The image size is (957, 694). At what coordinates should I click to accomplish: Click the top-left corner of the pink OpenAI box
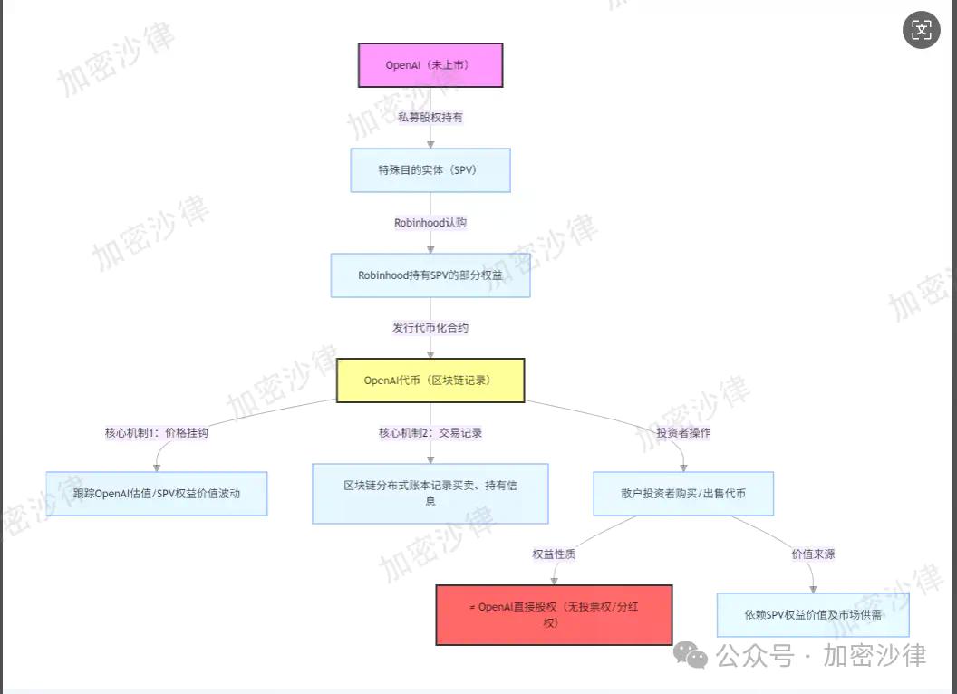coord(358,44)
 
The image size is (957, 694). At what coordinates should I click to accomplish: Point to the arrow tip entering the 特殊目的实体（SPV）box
coord(430,149)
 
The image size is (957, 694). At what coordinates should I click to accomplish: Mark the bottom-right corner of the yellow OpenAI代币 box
coord(525,401)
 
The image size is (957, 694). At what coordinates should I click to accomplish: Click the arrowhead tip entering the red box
coord(555,584)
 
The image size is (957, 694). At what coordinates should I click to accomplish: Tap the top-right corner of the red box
coord(672,585)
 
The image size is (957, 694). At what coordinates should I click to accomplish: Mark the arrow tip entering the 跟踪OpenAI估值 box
coord(157,472)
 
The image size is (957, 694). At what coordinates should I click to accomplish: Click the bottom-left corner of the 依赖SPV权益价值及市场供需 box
coord(717,637)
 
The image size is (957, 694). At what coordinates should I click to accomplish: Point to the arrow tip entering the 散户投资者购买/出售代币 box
coord(683,472)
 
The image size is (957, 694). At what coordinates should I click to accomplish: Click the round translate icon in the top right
coord(921,29)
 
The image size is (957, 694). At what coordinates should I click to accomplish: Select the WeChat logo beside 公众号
coord(691,655)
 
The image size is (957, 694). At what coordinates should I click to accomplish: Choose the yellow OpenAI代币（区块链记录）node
coord(430,381)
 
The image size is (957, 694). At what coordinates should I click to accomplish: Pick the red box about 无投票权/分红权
coord(555,614)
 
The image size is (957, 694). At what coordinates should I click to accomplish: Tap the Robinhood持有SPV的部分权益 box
coord(430,275)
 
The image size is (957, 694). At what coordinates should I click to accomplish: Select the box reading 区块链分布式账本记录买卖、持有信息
coord(430,493)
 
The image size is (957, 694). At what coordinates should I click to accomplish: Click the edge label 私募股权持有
coord(430,117)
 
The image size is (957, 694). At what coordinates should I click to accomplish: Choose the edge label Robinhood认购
coord(430,223)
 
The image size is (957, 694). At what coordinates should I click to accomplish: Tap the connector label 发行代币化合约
coord(430,328)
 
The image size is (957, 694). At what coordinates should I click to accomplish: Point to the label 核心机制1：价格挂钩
coord(157,433)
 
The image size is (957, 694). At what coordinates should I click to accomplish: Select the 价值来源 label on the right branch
coord(813,554)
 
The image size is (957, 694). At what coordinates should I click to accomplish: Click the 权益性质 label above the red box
coord(555,554)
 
